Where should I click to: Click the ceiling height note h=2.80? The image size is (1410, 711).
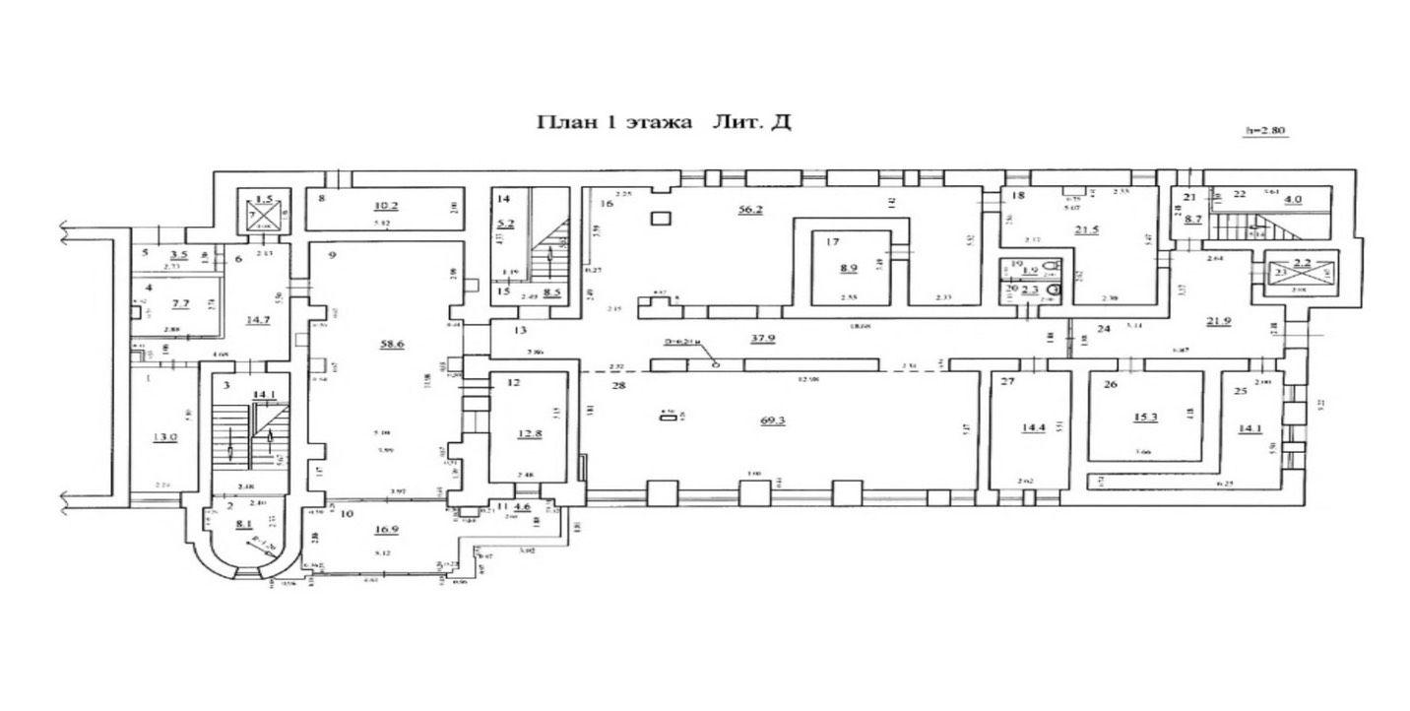(x=1266, y=130)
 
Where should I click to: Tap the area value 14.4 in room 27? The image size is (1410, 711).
(x=1032, y=427)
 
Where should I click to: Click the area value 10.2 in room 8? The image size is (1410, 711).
(x=386, y=206)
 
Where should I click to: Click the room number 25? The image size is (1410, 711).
(x=1241, y=391)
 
